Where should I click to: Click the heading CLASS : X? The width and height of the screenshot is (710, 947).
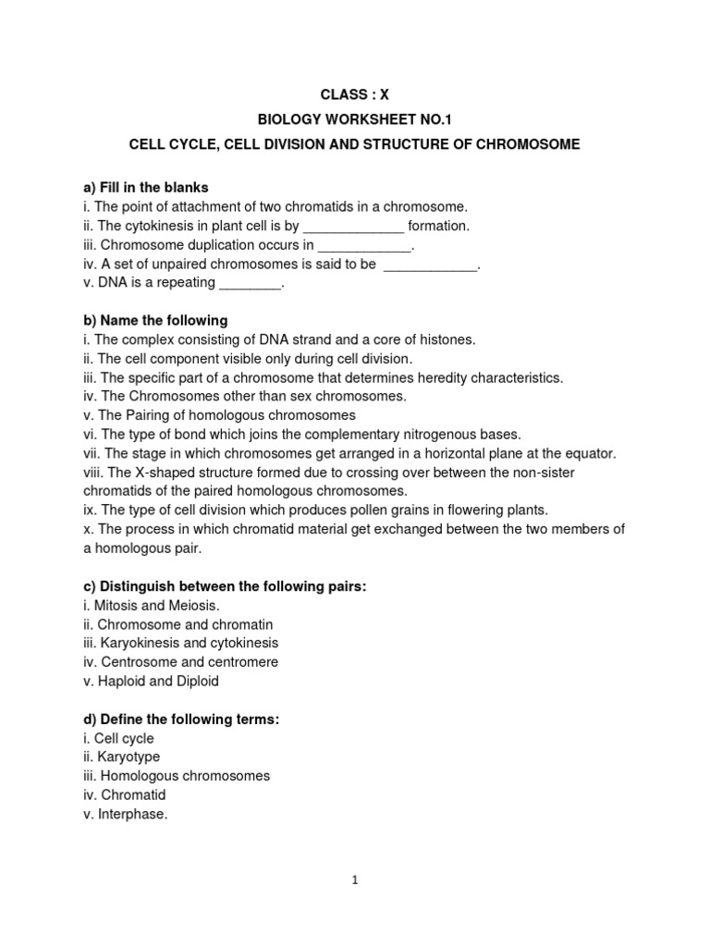pyautogui.click(x=354, y=94)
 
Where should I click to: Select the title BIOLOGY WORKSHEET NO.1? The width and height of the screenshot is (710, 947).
pyautogui.click(x=354, y=120)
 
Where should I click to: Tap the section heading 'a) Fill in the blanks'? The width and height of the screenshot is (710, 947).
pyautogui.click(x=146, y=188)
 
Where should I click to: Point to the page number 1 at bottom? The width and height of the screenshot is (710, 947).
pyautogui.click(x=354, y=880)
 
